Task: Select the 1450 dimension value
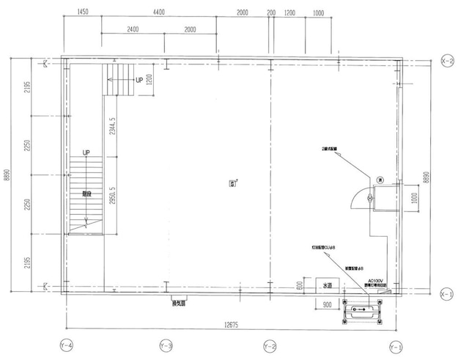click(82, 13)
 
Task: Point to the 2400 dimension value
click(133, 29)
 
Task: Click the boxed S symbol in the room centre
click(233, 183)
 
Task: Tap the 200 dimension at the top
click(272, 13)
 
